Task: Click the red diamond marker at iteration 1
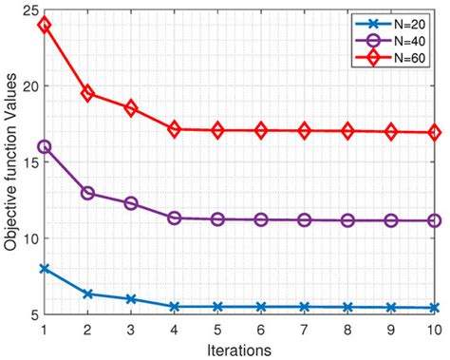[44, 24]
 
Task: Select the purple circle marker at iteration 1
[44, 146]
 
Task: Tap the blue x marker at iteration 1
[44, 269]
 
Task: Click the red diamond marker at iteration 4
[175, 129]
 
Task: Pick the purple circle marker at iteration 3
[131, 203]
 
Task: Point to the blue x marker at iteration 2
[87, 294]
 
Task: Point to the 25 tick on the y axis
[28, 9]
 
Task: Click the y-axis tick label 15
[28, 161]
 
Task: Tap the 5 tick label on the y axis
[32, 314]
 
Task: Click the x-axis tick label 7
[305, 329]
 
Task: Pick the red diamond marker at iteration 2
[87, 93]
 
